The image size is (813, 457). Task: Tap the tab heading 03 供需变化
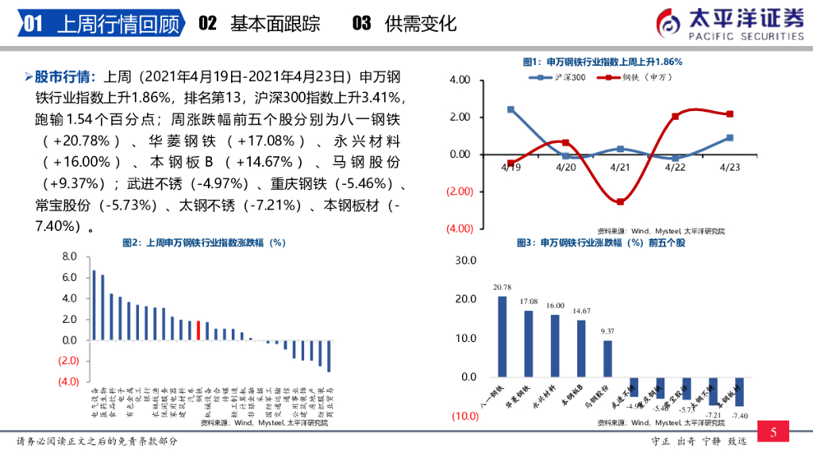coord(404,24)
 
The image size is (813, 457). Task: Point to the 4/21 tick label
coord(620,167)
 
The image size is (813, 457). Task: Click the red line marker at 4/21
coord(620,202)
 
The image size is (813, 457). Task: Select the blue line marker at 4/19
coord(511,109)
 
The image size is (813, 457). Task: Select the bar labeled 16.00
coord(555,346)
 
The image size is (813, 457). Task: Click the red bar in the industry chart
coord(198,330)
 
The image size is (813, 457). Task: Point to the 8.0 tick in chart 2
coord(69,257)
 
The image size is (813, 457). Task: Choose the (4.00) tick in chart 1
coord(461,228)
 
